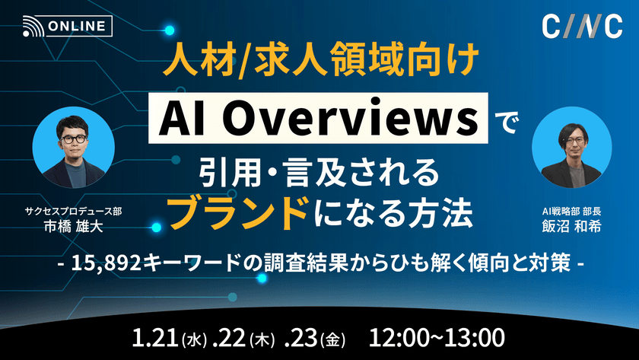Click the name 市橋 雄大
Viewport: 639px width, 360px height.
tap(83, 227)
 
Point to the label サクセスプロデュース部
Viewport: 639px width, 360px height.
tap(83, 211)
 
